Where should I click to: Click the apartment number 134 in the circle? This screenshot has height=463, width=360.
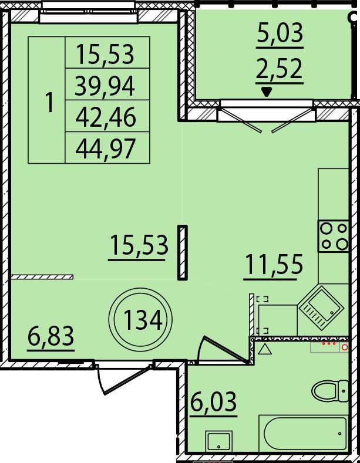click(143, 320)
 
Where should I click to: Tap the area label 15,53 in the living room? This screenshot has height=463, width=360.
click(139, 245)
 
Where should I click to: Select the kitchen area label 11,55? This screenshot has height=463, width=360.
click(274, 264)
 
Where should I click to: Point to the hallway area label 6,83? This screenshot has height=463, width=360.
click(51, 336)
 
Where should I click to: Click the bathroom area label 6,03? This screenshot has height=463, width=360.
click(213, 401)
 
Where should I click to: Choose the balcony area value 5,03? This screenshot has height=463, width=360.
click(280, 32)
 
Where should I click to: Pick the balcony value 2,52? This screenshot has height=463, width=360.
click(280, 68)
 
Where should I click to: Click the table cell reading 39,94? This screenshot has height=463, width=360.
click(105, 86)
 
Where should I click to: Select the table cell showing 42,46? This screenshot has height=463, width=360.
click(106, 117)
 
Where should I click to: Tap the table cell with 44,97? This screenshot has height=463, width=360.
click(106, 148)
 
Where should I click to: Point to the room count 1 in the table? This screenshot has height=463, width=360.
click(50, 102)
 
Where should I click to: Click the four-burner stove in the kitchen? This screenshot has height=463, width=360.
click(334, 236)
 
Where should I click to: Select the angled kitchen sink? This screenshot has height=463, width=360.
click(321, 308)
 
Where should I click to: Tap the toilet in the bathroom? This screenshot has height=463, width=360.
click(330, 391)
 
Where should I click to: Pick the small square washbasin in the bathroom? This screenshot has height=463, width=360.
click(218, 441)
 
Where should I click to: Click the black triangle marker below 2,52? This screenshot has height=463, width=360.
click(267, 92)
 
